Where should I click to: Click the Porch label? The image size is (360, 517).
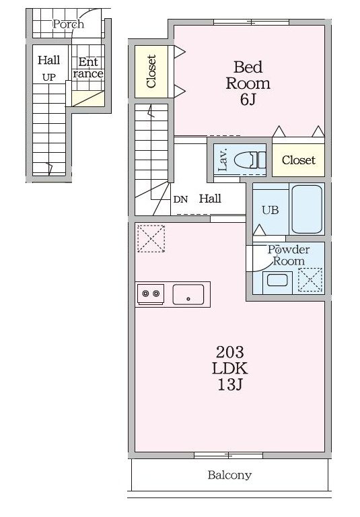click(68, 24)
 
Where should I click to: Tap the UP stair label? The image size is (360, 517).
click(49, 77)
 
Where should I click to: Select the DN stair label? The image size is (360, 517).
click(180, 199)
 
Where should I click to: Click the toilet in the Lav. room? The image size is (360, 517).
click(250, 161)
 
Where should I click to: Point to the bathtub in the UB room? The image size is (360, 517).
click(307, 209)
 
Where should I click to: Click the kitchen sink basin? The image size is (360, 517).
click(188, 294)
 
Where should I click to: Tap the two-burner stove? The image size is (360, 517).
click(151, 293)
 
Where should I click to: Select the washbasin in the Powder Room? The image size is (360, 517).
click(277, 281)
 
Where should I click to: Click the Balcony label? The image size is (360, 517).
click(229, 475)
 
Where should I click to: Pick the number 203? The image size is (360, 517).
click(229, 352)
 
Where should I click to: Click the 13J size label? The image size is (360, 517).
click(229, 384)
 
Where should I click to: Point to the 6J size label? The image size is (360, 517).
click(248, 99)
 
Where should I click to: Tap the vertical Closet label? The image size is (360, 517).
click(151, 71)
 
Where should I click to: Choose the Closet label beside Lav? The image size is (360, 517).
click(298, 160)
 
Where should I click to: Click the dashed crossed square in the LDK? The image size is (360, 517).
click(151, 238)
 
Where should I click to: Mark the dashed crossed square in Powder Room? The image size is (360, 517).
click(310, 279)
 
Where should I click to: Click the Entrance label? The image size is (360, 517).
click(88, 67)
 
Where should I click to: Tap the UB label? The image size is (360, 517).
click(271, 210)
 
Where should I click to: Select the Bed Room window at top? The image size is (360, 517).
click(251, 22)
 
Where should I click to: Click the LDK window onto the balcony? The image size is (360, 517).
click(229, 455)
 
